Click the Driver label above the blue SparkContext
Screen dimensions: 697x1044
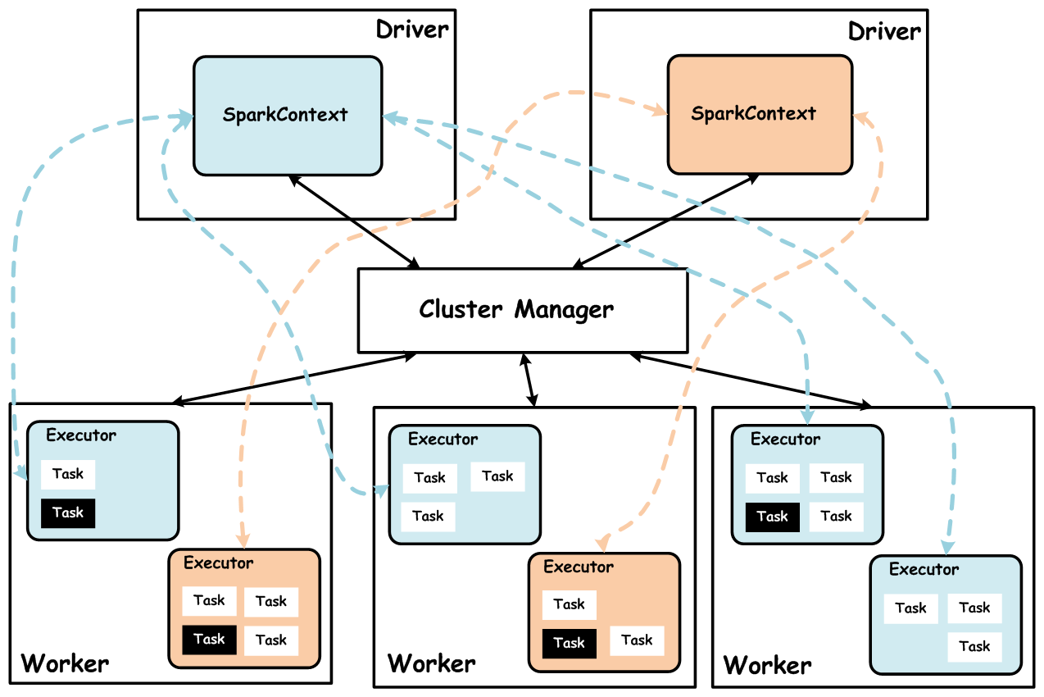point(412,31)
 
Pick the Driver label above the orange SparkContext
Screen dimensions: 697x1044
point(884,31)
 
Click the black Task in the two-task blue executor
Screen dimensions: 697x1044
point(68,512)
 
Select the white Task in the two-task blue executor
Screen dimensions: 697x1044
point(68,474)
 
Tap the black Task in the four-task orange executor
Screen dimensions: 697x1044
point(209,639)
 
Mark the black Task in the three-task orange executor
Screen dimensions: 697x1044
point(569,643)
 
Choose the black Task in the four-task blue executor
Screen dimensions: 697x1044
point(772,517)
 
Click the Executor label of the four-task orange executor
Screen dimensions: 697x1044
point(219,563)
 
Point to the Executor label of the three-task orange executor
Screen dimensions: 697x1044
point(579,567)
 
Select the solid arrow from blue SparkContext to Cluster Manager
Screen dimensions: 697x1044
point(354,221)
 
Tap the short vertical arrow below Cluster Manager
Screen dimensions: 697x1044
point(529,380)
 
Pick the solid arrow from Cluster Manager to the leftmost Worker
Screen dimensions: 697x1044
point(295,378)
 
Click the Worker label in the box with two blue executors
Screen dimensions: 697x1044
point(768,664)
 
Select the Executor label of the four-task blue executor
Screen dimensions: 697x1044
point(785,440)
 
